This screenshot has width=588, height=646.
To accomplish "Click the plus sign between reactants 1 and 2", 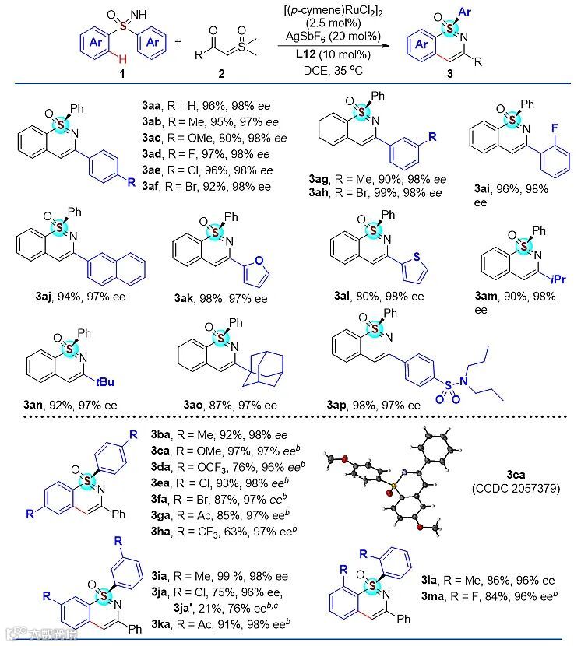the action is tap(178, 43).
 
